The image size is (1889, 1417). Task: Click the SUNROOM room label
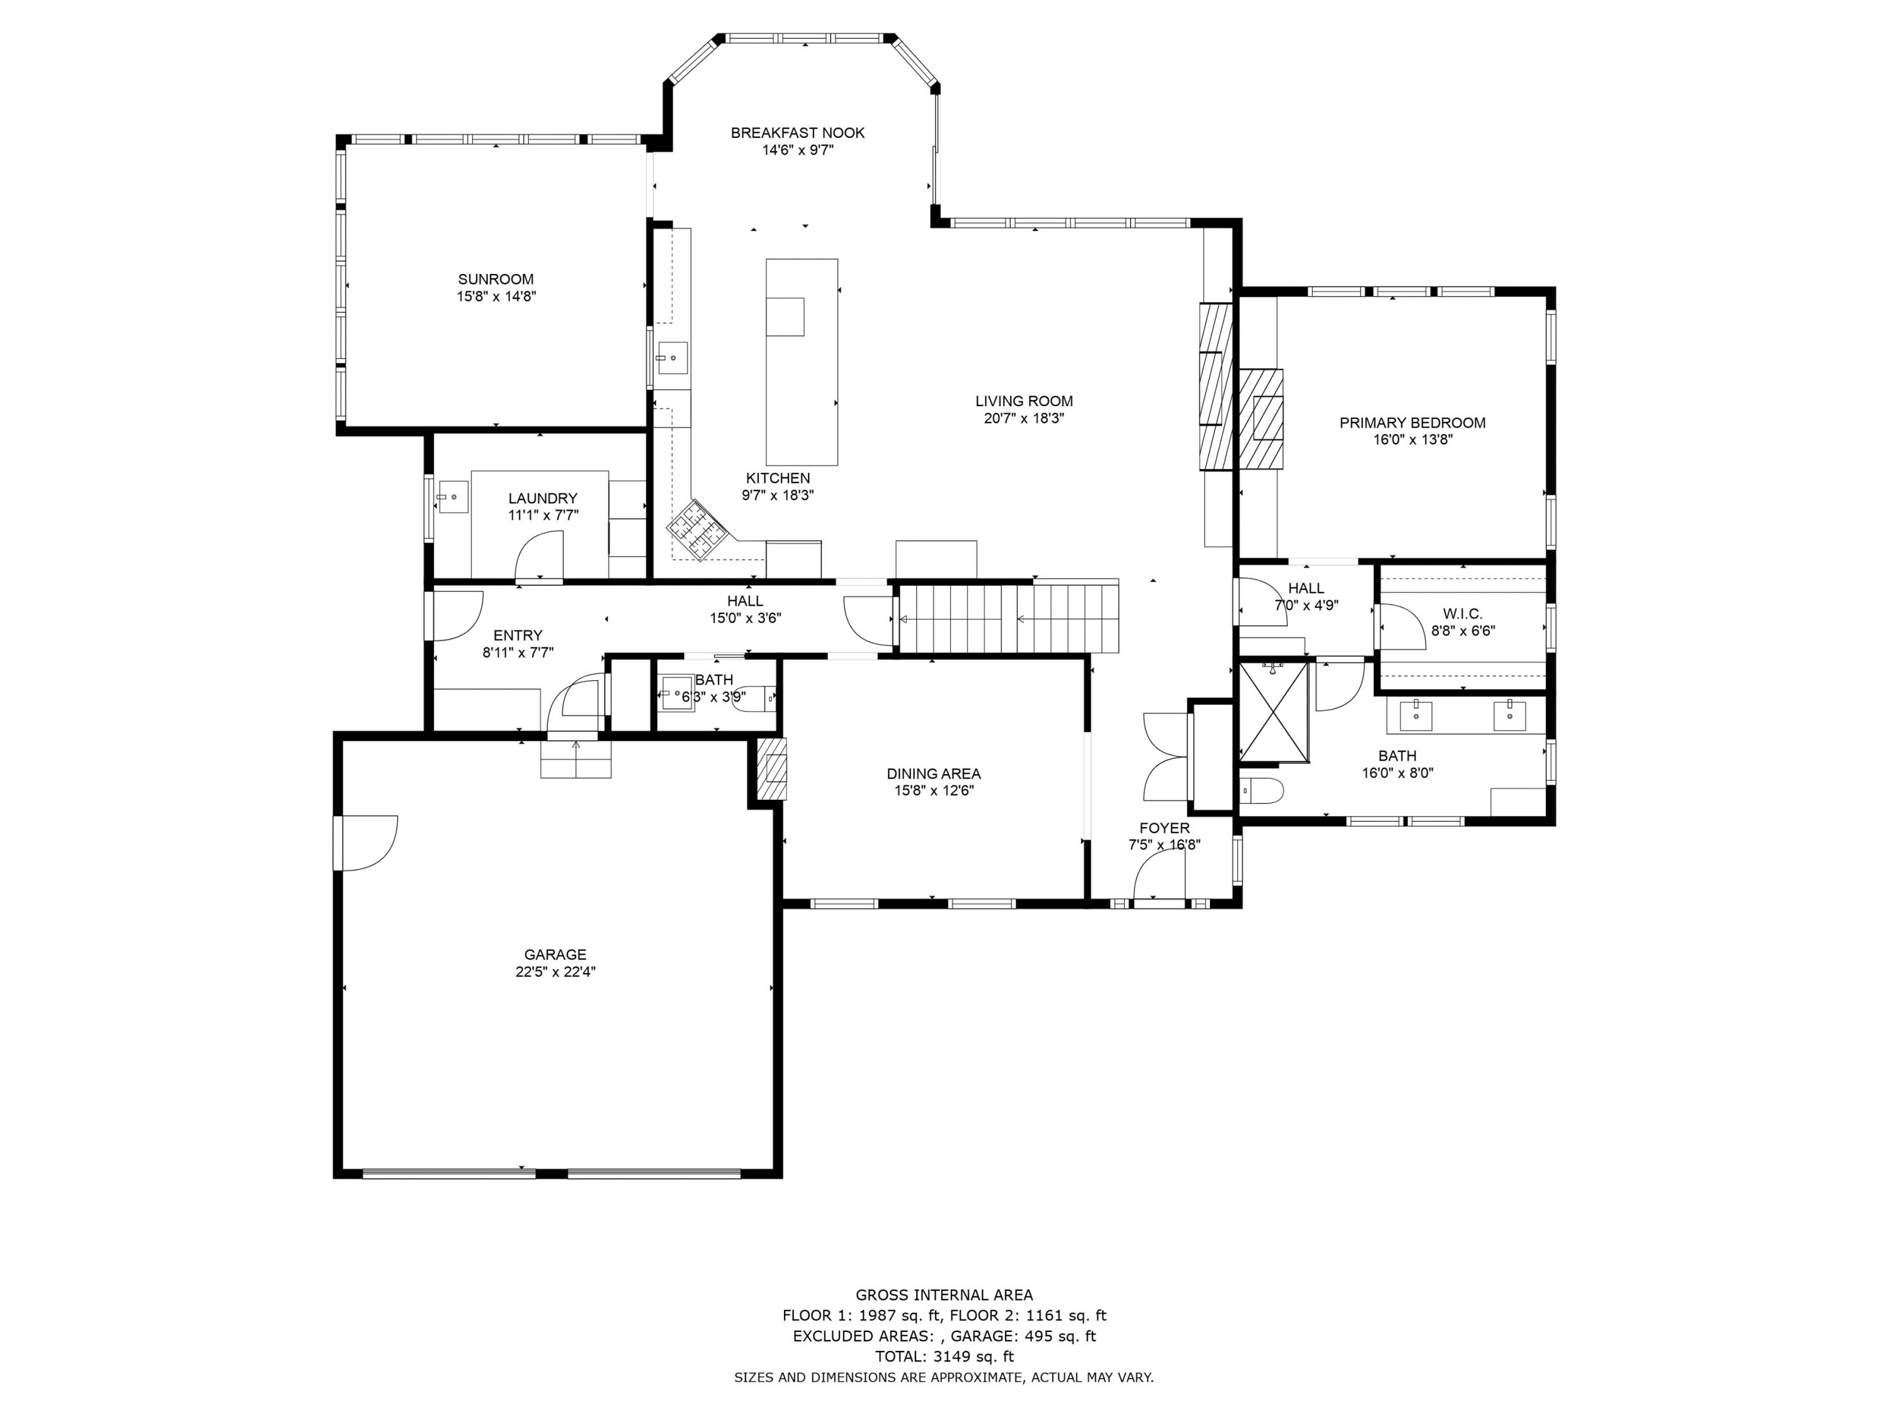[496, 279]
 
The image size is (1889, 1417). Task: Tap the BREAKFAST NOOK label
[798, 132]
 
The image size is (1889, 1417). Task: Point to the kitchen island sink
[785, 317]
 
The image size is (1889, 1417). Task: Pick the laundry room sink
[453, 496]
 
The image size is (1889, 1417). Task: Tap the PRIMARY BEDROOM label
[1412, 423]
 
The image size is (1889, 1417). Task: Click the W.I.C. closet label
[1463, 614]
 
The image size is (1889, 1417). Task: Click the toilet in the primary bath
[1261, 792]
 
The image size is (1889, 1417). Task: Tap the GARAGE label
[555, 955]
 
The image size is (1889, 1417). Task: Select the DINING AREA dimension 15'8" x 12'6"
[933, 791]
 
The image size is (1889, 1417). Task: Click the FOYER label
[1164, 829]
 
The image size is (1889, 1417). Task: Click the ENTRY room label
[518, 635]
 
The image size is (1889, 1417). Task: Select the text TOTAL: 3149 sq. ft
[945, 1357]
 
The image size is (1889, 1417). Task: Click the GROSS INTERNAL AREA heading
[945, 1295]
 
